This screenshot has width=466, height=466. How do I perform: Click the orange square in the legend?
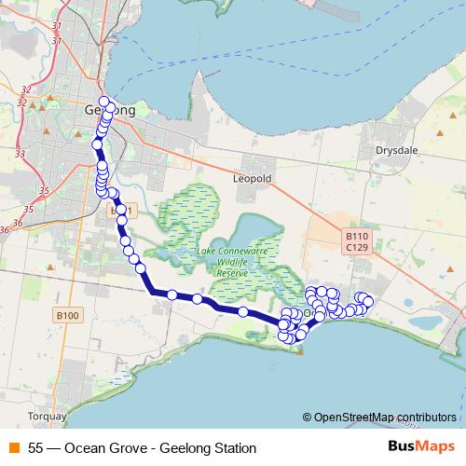click(x=13, y=448)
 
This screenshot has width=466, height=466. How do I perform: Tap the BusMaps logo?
click(x=421, y=447)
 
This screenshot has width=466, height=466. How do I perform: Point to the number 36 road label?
click(x=6, y=228)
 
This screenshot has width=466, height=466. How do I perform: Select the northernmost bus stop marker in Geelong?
click(x=103, y=102)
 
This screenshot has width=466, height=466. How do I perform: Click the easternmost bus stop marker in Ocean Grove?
click(x=368, y=300)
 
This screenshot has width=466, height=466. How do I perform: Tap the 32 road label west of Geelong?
click(x=25, y=89)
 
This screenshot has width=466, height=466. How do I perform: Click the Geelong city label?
click(x=110, y=110)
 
